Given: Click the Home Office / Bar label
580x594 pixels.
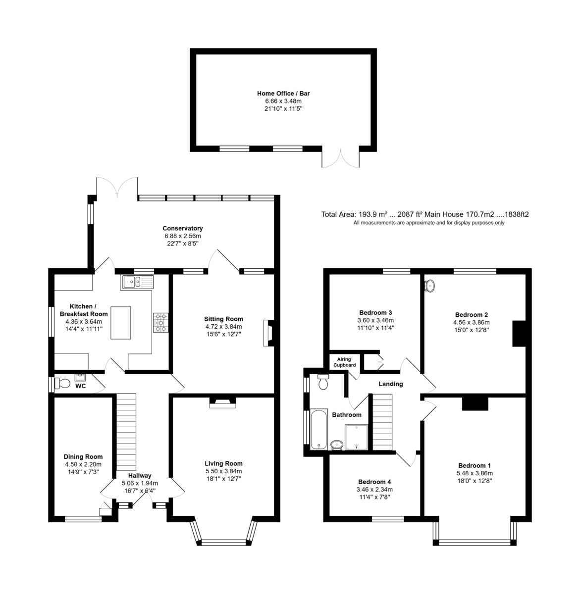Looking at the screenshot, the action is point(283,94).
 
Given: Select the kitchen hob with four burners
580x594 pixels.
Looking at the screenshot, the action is point(160,322).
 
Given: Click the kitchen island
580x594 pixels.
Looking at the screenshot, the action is point(121,323).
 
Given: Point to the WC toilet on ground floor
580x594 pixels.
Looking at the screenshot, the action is point(62,384).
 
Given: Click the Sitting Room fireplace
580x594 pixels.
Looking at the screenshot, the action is point(268,333).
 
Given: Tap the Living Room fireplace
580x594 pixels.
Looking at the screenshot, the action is point(223,402).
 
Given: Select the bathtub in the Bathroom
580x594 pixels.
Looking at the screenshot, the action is point(318,429).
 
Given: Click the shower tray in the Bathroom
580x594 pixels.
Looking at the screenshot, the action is point(356,437).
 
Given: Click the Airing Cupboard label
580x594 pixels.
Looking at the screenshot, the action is point(345,362).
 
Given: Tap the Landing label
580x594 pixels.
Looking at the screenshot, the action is point(391,384).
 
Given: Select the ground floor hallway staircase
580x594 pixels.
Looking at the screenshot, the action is point(126,432).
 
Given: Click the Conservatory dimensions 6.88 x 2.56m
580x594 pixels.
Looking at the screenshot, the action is point(183,236).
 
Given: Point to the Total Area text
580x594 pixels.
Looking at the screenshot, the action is point(425,214).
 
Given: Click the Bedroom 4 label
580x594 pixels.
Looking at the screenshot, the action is point(374,482).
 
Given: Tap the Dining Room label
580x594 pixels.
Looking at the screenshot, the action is point(83,457).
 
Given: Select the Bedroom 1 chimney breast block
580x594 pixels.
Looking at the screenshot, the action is point(475,403).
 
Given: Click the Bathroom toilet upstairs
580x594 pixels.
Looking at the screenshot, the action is point(323,382).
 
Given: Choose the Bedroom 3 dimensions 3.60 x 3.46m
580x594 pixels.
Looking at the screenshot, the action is point(375,320).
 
